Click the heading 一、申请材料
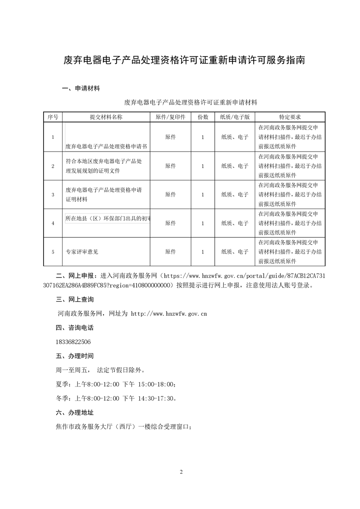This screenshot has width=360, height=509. [x=81, y=88]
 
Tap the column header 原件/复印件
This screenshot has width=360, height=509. [x=170, y=117]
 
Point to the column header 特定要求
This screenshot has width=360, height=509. [x=290, y=117]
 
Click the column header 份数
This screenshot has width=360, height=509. [x=202, y=117]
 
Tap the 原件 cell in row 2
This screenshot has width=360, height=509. [x=170, y=166]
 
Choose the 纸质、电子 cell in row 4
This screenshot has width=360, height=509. [x=234, y=223]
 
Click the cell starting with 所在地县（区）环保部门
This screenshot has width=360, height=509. [x=108, y=219]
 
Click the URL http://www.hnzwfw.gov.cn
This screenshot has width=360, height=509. [x=169, y=313]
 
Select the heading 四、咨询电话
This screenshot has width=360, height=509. [x=74, y=328]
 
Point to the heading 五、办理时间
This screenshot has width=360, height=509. [x=74, y=356]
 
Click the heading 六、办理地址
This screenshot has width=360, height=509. [x=74, y=413]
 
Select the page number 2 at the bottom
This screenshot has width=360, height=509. [x=181, y=472]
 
